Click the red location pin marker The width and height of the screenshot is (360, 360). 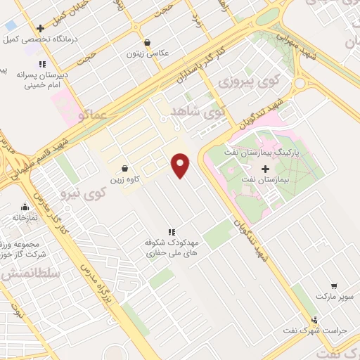click(x=181, y=166)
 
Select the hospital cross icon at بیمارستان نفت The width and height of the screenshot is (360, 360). click(x=265, y=169)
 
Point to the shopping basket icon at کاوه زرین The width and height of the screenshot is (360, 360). click(x=124, y=169)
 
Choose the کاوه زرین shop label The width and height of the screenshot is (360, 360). click(x=124, y=179)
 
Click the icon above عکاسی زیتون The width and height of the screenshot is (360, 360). click(x=146, y=42)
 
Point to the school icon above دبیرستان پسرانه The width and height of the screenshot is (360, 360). click(x=43, y=64)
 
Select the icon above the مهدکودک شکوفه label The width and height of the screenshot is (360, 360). click(x=170, y=231)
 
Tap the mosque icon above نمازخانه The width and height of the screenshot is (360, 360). click(x=25, y=207)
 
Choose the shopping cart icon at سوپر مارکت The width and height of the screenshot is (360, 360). click(x=333, y=286)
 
